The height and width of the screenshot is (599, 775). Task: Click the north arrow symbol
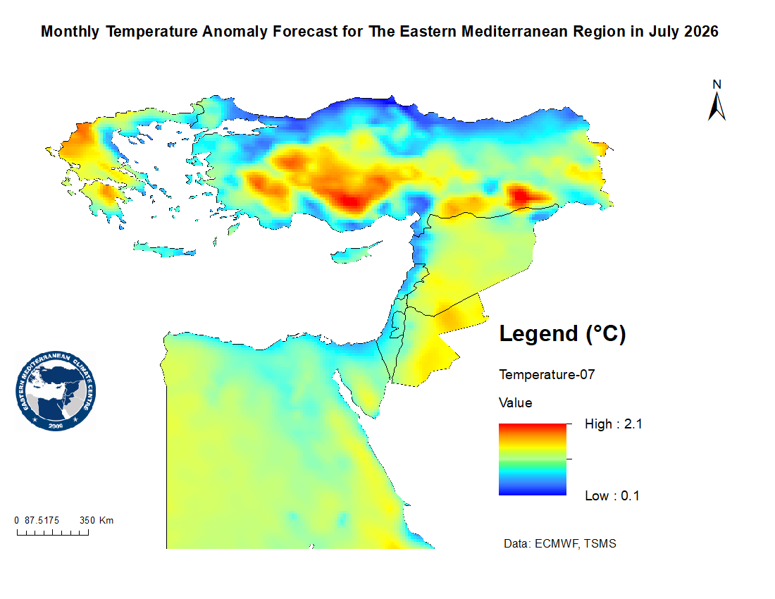[x=717, y=106]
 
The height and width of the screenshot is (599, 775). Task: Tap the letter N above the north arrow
[x=717, y=85]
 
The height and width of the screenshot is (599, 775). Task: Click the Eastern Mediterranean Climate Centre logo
[x=56, y=391]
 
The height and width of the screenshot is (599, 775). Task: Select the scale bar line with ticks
[x=53, y=532]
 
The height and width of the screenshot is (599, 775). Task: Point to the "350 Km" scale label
[x=97, y=520]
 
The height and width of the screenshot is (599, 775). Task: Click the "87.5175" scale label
[x=42, y=520]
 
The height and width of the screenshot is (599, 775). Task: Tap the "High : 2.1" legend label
[x=614, y=424]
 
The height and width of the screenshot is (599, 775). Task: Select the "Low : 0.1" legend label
[x=612, y=495]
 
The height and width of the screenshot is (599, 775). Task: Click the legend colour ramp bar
[x=533, y=459]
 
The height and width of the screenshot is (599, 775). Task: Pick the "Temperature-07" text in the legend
[x=547, y=375]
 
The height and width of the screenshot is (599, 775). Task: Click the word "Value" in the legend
[x=516, y=403]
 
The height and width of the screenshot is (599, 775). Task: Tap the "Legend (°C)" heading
[x=562, y=333]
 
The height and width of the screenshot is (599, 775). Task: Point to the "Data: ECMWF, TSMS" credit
[x=560, y=543]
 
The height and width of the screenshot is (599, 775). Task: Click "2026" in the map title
[x=701, y=32]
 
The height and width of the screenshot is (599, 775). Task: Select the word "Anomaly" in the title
[x=235, y=32]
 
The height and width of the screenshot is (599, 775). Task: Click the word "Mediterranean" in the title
[x=514, y=32]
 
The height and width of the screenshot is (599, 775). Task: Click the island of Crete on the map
[x=165, y=249]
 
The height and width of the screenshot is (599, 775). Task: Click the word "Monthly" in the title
[x=70, y=32]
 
